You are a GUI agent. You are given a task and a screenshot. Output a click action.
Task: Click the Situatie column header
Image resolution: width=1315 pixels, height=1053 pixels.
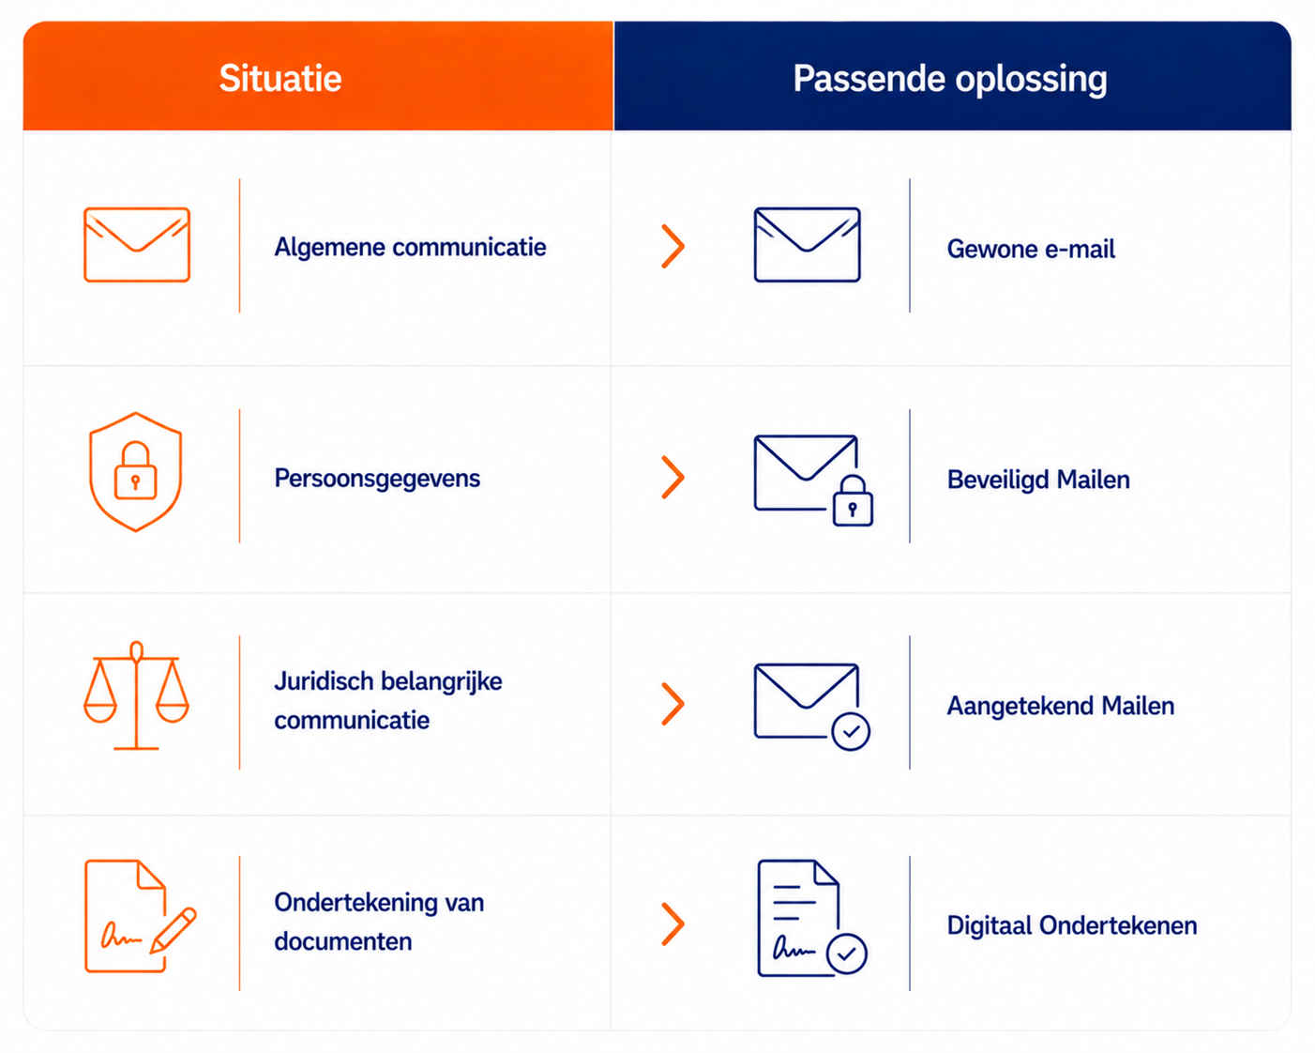pos(280,78)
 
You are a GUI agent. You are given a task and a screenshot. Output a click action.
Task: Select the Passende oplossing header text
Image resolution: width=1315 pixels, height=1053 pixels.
pos(950,80)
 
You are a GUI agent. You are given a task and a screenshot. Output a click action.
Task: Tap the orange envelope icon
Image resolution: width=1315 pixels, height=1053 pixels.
pos(137,245)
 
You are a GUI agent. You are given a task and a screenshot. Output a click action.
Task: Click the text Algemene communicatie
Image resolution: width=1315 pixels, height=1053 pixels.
pos(410,247)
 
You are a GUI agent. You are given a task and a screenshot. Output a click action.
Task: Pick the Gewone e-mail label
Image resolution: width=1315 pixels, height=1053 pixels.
pos(1031,249)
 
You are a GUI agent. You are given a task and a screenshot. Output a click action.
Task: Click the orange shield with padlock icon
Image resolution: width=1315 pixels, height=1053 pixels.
pos(136,471)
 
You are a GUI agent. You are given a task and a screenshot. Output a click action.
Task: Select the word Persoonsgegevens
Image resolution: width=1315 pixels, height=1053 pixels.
pos(377,479)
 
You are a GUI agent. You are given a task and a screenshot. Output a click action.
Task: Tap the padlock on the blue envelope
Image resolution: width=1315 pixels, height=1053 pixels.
pos(853,501)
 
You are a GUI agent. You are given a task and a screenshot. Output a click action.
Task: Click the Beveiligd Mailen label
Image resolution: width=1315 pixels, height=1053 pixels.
pos(1038,480)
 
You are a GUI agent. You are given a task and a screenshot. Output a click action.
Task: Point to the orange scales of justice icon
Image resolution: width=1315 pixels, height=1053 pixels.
pos(136,695)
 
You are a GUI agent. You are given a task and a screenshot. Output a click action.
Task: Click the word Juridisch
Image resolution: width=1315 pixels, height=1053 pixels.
pos(324,681)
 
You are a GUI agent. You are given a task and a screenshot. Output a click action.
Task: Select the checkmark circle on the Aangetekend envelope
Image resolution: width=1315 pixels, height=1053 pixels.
pos(851,731)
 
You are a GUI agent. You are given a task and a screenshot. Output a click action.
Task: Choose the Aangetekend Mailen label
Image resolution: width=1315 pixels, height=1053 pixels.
pos(1061,707)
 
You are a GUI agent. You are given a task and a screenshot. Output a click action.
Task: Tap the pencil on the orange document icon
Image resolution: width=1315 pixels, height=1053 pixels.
pos(174,930)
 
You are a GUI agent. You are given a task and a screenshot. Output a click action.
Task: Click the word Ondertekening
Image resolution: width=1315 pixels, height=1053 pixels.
pos(355,903)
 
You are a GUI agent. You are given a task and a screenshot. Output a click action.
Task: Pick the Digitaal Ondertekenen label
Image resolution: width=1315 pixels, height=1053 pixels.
pos(1072,925)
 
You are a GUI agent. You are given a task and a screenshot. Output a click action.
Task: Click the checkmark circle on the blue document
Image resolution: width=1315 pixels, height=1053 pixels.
pos(846,954)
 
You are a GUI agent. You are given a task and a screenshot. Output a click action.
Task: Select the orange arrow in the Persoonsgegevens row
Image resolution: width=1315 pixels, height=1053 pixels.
pos(673,477)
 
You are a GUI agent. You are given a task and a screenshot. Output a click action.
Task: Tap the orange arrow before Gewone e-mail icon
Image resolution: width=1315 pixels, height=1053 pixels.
pos(673,247)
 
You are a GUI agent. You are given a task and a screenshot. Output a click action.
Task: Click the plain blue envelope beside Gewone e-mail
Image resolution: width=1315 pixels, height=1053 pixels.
pos(807,245)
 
